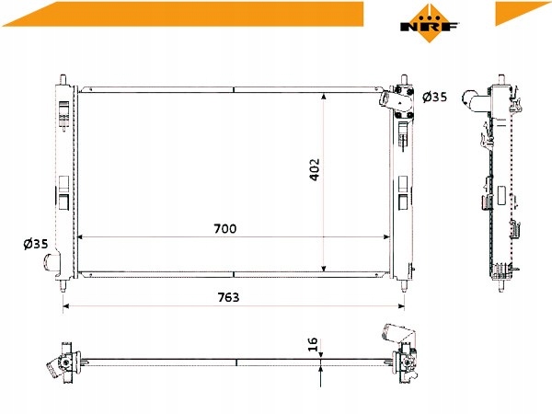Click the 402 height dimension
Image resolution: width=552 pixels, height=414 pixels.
click(x=315, y=169)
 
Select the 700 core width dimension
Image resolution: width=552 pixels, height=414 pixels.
click(x=225, y=229)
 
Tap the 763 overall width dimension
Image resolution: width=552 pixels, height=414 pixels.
click(x=228, y=297)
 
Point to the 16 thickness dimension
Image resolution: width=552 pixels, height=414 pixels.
click(x=313, y=344)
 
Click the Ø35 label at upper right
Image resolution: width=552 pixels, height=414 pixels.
click(x=435, y=97)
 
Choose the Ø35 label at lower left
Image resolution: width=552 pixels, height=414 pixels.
click(x=36, y=244)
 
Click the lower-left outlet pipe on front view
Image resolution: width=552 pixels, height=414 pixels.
click(x=52, y=262)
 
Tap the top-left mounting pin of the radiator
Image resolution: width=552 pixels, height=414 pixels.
click(x=63, y=79)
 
